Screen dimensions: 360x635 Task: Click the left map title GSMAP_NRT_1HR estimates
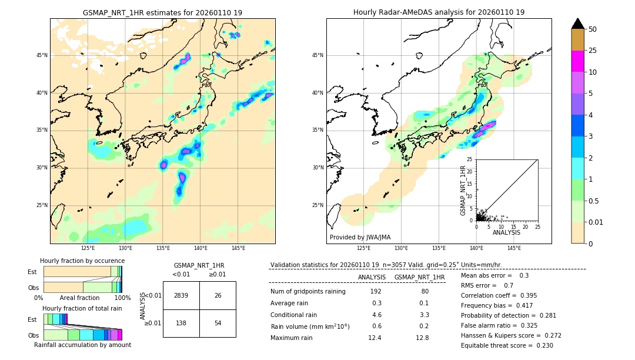click(x=162, y=12)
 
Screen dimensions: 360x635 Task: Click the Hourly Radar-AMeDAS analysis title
click(x=439, y=12)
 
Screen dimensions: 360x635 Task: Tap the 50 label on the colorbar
click(x=593, y=29)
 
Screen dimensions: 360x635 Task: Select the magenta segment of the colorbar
click(x=577, y=61)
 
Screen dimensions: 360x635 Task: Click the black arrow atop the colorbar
click(x=577, y=24)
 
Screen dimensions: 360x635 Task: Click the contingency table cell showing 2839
click(x=181, y=295)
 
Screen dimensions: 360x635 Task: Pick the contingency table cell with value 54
click(x=218, y=324)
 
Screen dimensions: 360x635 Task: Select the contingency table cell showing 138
click(x=181, y=324)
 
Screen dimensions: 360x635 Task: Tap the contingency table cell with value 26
click(x=218, y=295)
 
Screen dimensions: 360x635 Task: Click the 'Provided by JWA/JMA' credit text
click(x=360, y=238)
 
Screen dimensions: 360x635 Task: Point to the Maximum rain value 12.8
click(x=422, y=338)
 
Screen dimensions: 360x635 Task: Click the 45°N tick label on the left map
click(x=42, y=55)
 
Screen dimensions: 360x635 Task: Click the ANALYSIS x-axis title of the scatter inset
click(x=506, y=232)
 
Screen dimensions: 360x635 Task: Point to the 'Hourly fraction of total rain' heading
click(x=82, y=308)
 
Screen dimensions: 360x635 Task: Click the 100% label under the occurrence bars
click(x=122, y=298)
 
